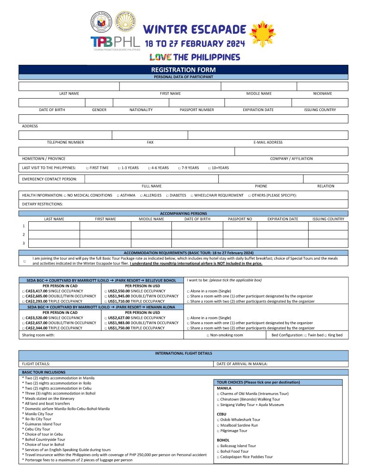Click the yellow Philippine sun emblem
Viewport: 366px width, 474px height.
tap(263, 34)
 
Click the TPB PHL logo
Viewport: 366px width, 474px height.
tap(115, 42)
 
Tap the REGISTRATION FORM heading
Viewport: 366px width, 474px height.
tap(183, 70)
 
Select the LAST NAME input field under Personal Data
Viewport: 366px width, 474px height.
tap(69, 86)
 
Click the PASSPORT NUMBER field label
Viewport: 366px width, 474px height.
tap(197, 110)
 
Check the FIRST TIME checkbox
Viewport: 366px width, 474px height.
tap(87, 168)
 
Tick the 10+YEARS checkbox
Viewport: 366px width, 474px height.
tap(209, 168)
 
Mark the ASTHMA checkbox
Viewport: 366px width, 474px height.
tap(118, 195)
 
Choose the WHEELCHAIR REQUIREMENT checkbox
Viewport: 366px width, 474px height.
tap(192, 195)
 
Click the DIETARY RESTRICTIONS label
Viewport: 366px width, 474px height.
tap(42, 204)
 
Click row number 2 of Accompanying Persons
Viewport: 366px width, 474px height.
tap(24, 235)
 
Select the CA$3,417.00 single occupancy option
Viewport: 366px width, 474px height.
tap(23, 291)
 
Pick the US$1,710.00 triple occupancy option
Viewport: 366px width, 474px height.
tap(106, 301)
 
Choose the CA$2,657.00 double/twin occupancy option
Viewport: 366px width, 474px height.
tap(23, 323)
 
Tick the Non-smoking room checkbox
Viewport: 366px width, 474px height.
tap(208, 335)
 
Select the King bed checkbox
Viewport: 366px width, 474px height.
tap(326, 335)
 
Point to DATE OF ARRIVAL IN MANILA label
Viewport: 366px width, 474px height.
tap(242, 364)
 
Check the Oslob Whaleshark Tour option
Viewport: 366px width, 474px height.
tap(218, 420)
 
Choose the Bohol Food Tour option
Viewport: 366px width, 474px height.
tap(218, 451)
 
